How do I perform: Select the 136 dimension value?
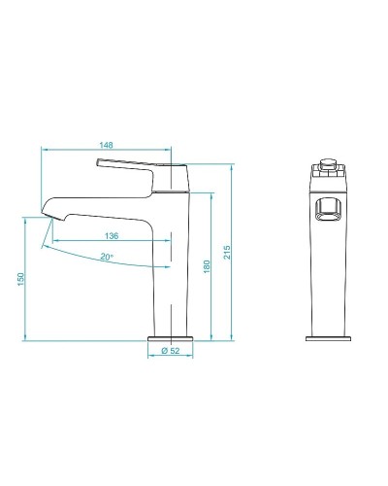click(113, 236)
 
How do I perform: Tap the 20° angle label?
click(106, 257)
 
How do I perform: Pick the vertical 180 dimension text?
click(206, 266)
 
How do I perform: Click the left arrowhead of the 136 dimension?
click(53, 241)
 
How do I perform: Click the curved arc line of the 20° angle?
click(107, 264)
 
